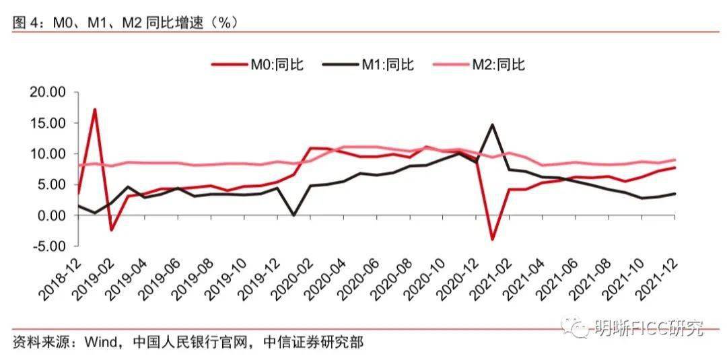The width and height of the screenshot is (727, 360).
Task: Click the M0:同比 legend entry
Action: tap(258, 65)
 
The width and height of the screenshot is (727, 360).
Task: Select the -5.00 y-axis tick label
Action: tap(48, 246)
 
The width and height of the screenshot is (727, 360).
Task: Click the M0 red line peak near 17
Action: tap(95, 109)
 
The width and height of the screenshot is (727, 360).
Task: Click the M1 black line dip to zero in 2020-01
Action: tap(294, 215)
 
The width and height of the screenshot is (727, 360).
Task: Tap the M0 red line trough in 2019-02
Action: tap(111, 230)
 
